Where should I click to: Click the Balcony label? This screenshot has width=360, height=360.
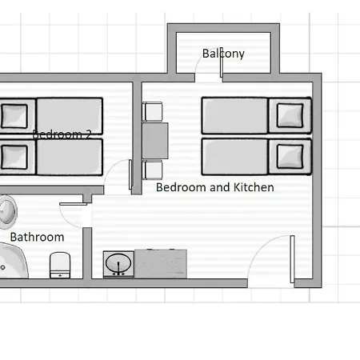[x=223, y=54]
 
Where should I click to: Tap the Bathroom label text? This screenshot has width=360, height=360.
[x=37, y=237]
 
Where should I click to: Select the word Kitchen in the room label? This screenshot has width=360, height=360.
[x=254, y=187]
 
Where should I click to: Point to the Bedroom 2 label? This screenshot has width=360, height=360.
[x=62, y=134]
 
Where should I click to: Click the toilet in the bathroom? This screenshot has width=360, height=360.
[x=60, y=265]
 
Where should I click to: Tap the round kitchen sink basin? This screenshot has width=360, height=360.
[x=118, y=263]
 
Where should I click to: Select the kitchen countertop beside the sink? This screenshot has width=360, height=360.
[x=161, y=264]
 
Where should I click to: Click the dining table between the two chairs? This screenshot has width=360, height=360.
[x=155, y=141]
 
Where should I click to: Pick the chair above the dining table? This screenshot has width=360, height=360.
[x=152, y=111]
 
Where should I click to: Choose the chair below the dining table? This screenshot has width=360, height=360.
[x=152, y=170]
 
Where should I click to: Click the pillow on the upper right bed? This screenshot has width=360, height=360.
[x=290, y=115]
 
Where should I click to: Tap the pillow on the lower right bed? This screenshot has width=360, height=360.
[x=290, y=157]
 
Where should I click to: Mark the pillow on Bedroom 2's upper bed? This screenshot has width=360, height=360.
[x=14, y=116]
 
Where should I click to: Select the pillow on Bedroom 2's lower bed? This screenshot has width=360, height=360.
[x=14, y=157]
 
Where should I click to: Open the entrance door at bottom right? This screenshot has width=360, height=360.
[x=292, y=259]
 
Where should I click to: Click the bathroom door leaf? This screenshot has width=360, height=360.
[x=73, y=204]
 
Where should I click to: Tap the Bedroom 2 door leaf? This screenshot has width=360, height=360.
[x=130, y=174]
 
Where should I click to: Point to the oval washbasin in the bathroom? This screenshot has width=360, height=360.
[x=7, y=212]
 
